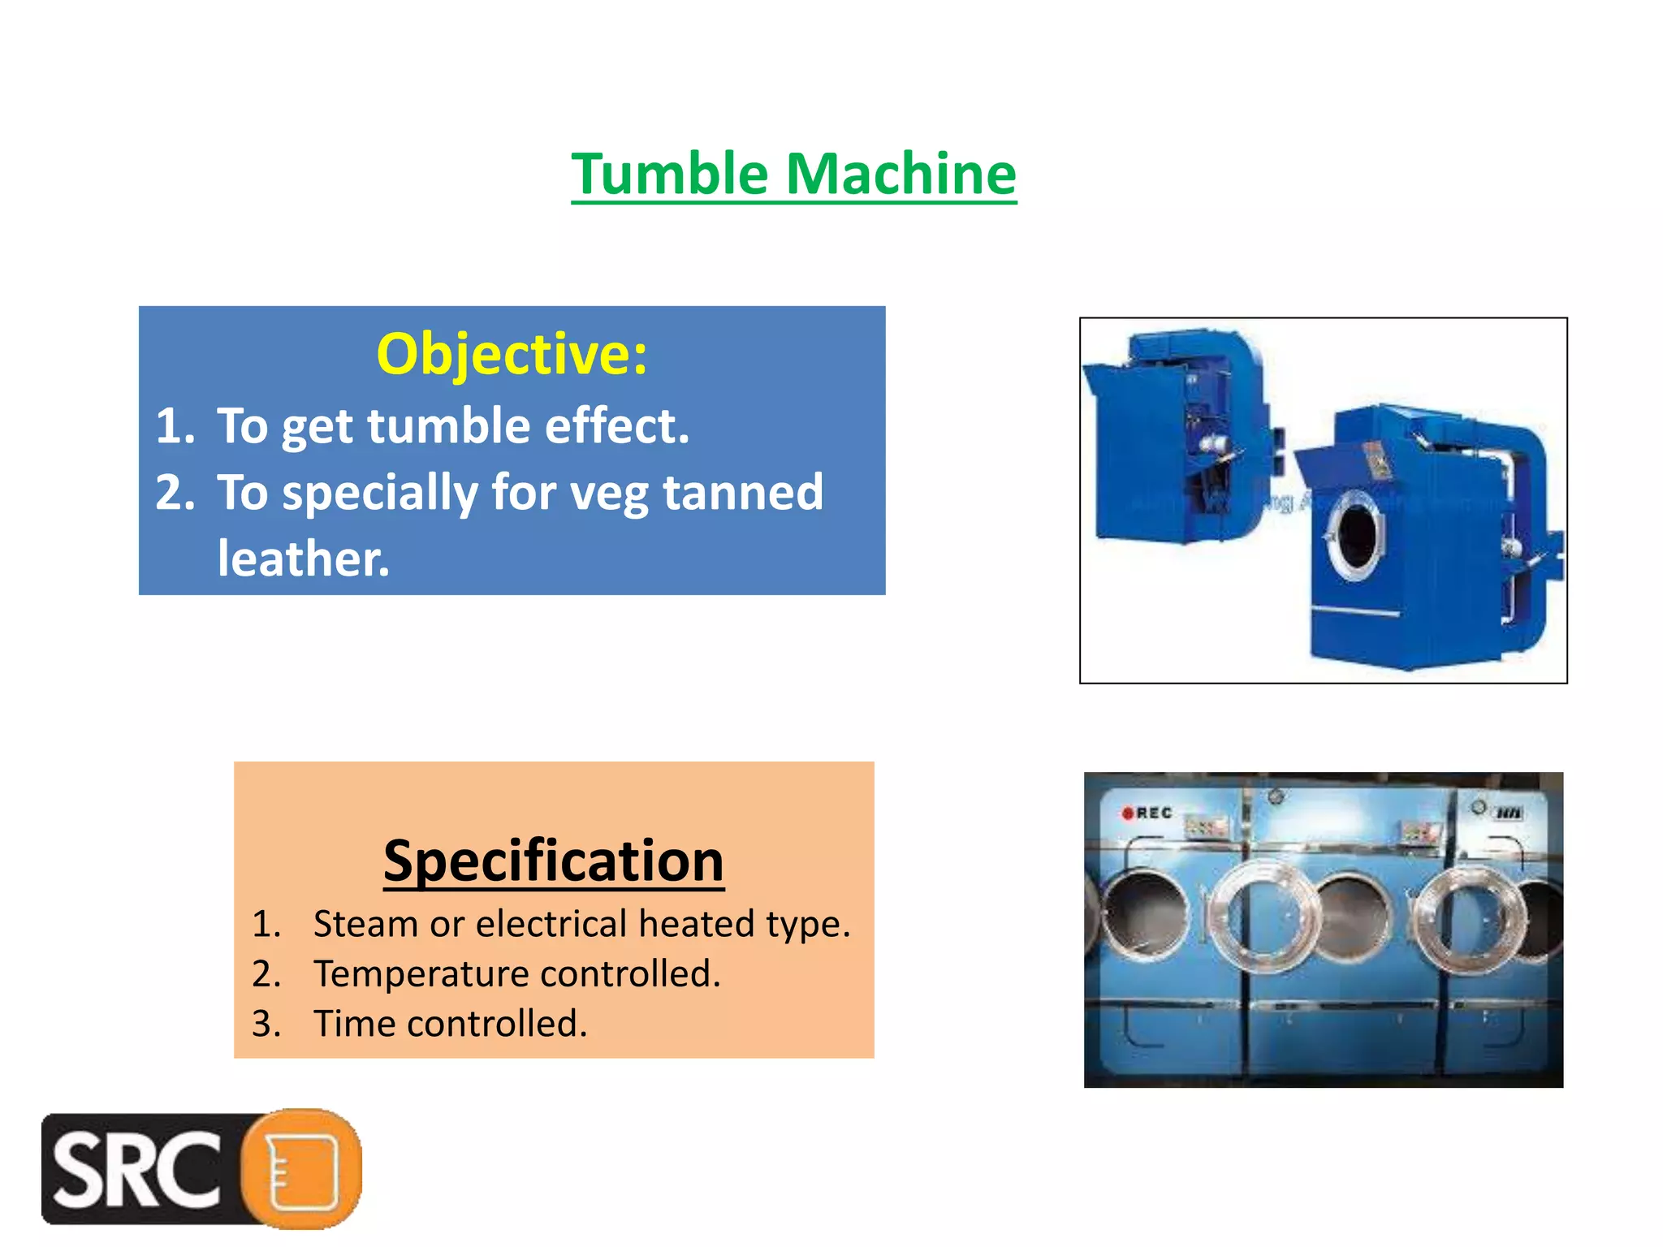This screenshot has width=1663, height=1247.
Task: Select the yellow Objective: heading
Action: pyautogui.click(x=512, y=355)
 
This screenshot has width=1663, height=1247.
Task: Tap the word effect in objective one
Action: pyautogui.click(x=616, y=426)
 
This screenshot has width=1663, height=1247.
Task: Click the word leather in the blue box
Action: pyautogui.click(x=303, y=559)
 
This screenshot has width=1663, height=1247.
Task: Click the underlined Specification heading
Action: pyautogui.click(x=554, y=861)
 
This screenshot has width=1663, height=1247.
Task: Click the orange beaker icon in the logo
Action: pyautogui.click(x=303, y=1170)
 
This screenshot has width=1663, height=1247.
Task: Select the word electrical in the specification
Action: pyautogui.click(x=551, y=924)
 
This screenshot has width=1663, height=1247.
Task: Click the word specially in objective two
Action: pyautogui.click(x=379, y=493)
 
